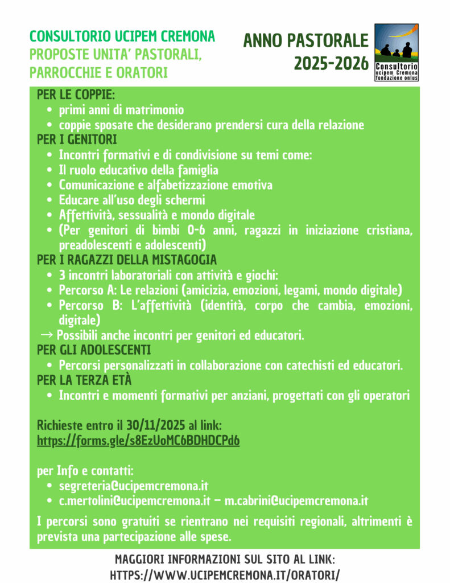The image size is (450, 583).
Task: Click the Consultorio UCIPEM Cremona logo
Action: click(396, 52)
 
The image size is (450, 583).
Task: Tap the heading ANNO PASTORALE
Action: click(306, 41)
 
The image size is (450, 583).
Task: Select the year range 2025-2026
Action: click(331, 64)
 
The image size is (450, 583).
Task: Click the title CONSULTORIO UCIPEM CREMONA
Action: click(122, 37)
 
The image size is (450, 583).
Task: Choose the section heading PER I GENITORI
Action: click(77, 139)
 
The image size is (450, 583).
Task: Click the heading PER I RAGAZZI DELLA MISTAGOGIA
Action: click(127, 260)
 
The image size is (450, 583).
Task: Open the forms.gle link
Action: click(138, 441)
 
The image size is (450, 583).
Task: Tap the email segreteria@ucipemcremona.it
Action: click(134, 486)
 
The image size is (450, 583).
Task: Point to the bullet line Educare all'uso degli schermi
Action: click(132, 200)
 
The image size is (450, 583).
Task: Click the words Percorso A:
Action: click(88, 290)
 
